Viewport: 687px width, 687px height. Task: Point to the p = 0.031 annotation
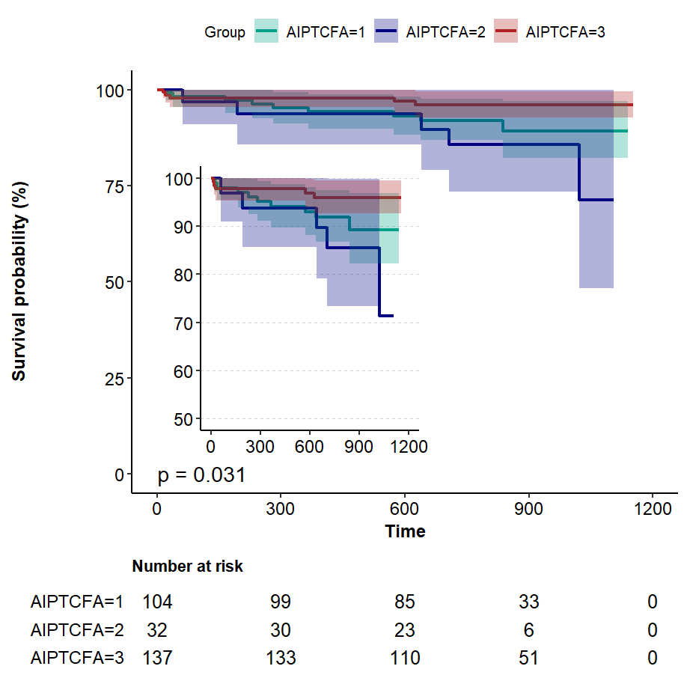pos(201,474)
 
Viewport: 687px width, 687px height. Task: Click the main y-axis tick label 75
pos(109,186)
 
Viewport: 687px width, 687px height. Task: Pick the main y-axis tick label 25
pos(109,379)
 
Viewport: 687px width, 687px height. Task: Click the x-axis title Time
pos(405,531)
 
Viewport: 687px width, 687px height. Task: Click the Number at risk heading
pos(187,567)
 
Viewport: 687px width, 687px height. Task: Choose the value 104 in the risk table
pos(157,602)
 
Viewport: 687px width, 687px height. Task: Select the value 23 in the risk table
pos(405,630)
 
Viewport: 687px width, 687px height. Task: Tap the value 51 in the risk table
pos(528,659)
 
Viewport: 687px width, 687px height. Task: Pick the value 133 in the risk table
pos(281,659)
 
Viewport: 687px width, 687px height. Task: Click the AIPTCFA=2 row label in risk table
pos(76,630)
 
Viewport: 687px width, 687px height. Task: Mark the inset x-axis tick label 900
pos(358,446)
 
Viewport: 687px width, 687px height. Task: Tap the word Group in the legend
pos(225,32)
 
